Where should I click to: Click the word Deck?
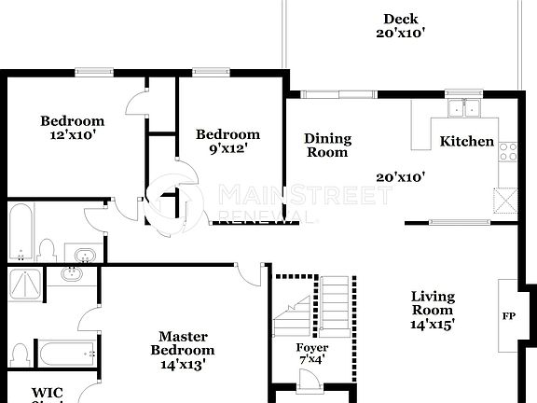[x=400, y=19]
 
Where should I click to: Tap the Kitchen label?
[x=466, y=141]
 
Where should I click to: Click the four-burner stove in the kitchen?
[x=508, y=151]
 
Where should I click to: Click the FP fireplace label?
[x=509, y=316]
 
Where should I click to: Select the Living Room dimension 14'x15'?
[x=433, y=325]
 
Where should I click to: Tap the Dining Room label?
[x=327, y=146]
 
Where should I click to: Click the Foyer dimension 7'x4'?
[x=311, y=359]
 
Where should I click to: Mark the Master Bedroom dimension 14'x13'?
[x=182, y=364]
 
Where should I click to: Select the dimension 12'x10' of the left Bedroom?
[x=71, y=134]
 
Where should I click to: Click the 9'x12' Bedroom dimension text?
[x=227, y=147]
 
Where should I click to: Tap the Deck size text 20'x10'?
[x=400, y=34]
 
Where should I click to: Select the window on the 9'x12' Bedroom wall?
[x=213, y=71]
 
